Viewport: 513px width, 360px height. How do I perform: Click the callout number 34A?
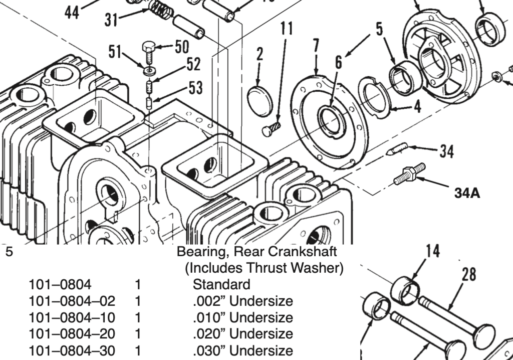click(x=467, y=193)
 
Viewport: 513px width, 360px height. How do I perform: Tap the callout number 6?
click(x=339, y=62)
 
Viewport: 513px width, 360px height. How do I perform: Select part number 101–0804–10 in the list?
click(x=72, y=317)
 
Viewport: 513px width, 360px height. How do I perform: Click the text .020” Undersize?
click(x=242, y=333)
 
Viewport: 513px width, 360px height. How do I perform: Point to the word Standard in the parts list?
click(x=221, y=285)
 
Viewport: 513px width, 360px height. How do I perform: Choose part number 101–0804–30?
click(x=72, y=350)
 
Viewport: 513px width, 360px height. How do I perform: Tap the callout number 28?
click(x=469, y=274)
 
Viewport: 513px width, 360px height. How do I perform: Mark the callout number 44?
click(x=72, y=12)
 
